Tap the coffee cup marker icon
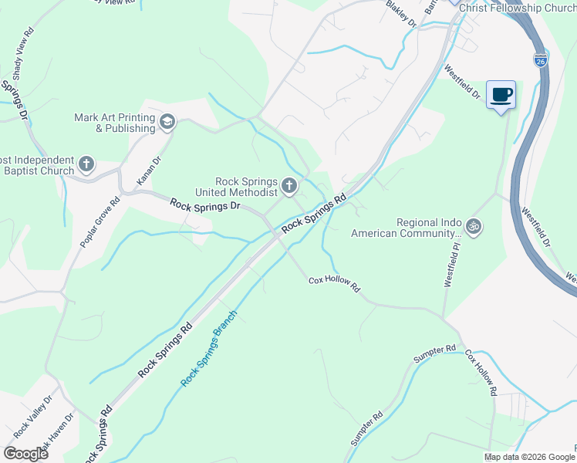pyautogui.click(x=501, y=94)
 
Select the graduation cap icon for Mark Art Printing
pyautogui.click(x=167, y=122)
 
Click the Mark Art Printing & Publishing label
pyautogui.click(x=114, y=123)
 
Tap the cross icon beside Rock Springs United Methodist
pyautogui.click(x=289, y=185)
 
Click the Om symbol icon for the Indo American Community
pyautogui.click(x=474, y=227)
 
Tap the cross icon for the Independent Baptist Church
pyautogui.click(x=86, y=164)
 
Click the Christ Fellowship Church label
pyautogui.click(x=516, y=7)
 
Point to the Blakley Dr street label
pyautogui.click(x=401, y=14)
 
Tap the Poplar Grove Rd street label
pyautogui.click(x=101, y=223)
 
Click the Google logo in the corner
pyautogui.click(x=25, y=453)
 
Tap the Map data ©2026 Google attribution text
pyautogui.click(x=528, y=457)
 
